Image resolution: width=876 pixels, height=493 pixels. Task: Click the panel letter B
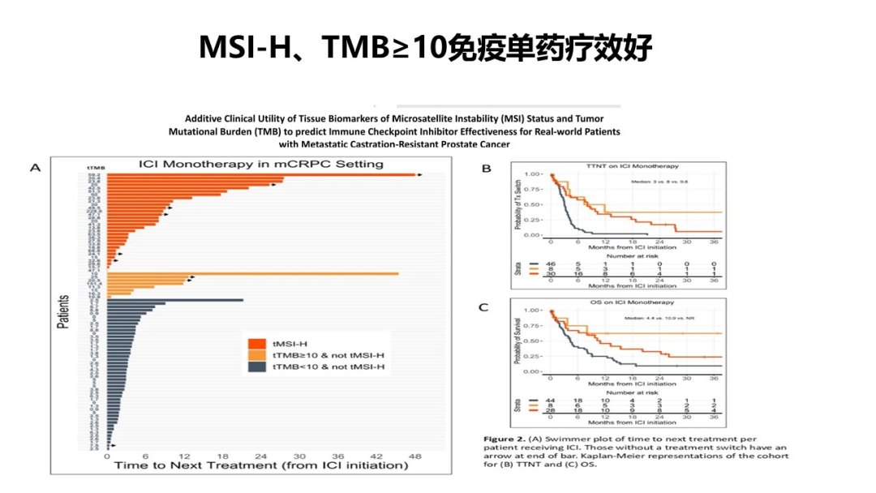487,168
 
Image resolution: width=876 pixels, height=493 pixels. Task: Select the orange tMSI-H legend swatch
255,342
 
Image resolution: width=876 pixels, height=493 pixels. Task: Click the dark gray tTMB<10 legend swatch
255,368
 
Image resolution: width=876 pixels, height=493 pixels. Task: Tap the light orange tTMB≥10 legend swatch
255,355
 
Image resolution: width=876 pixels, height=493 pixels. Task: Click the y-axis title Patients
63,311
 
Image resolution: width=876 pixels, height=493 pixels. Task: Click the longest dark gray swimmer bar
174,300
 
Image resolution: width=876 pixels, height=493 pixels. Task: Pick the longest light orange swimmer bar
252,274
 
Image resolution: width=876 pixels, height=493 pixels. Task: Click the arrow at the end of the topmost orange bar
419,174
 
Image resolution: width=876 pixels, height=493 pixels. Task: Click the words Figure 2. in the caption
504,436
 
